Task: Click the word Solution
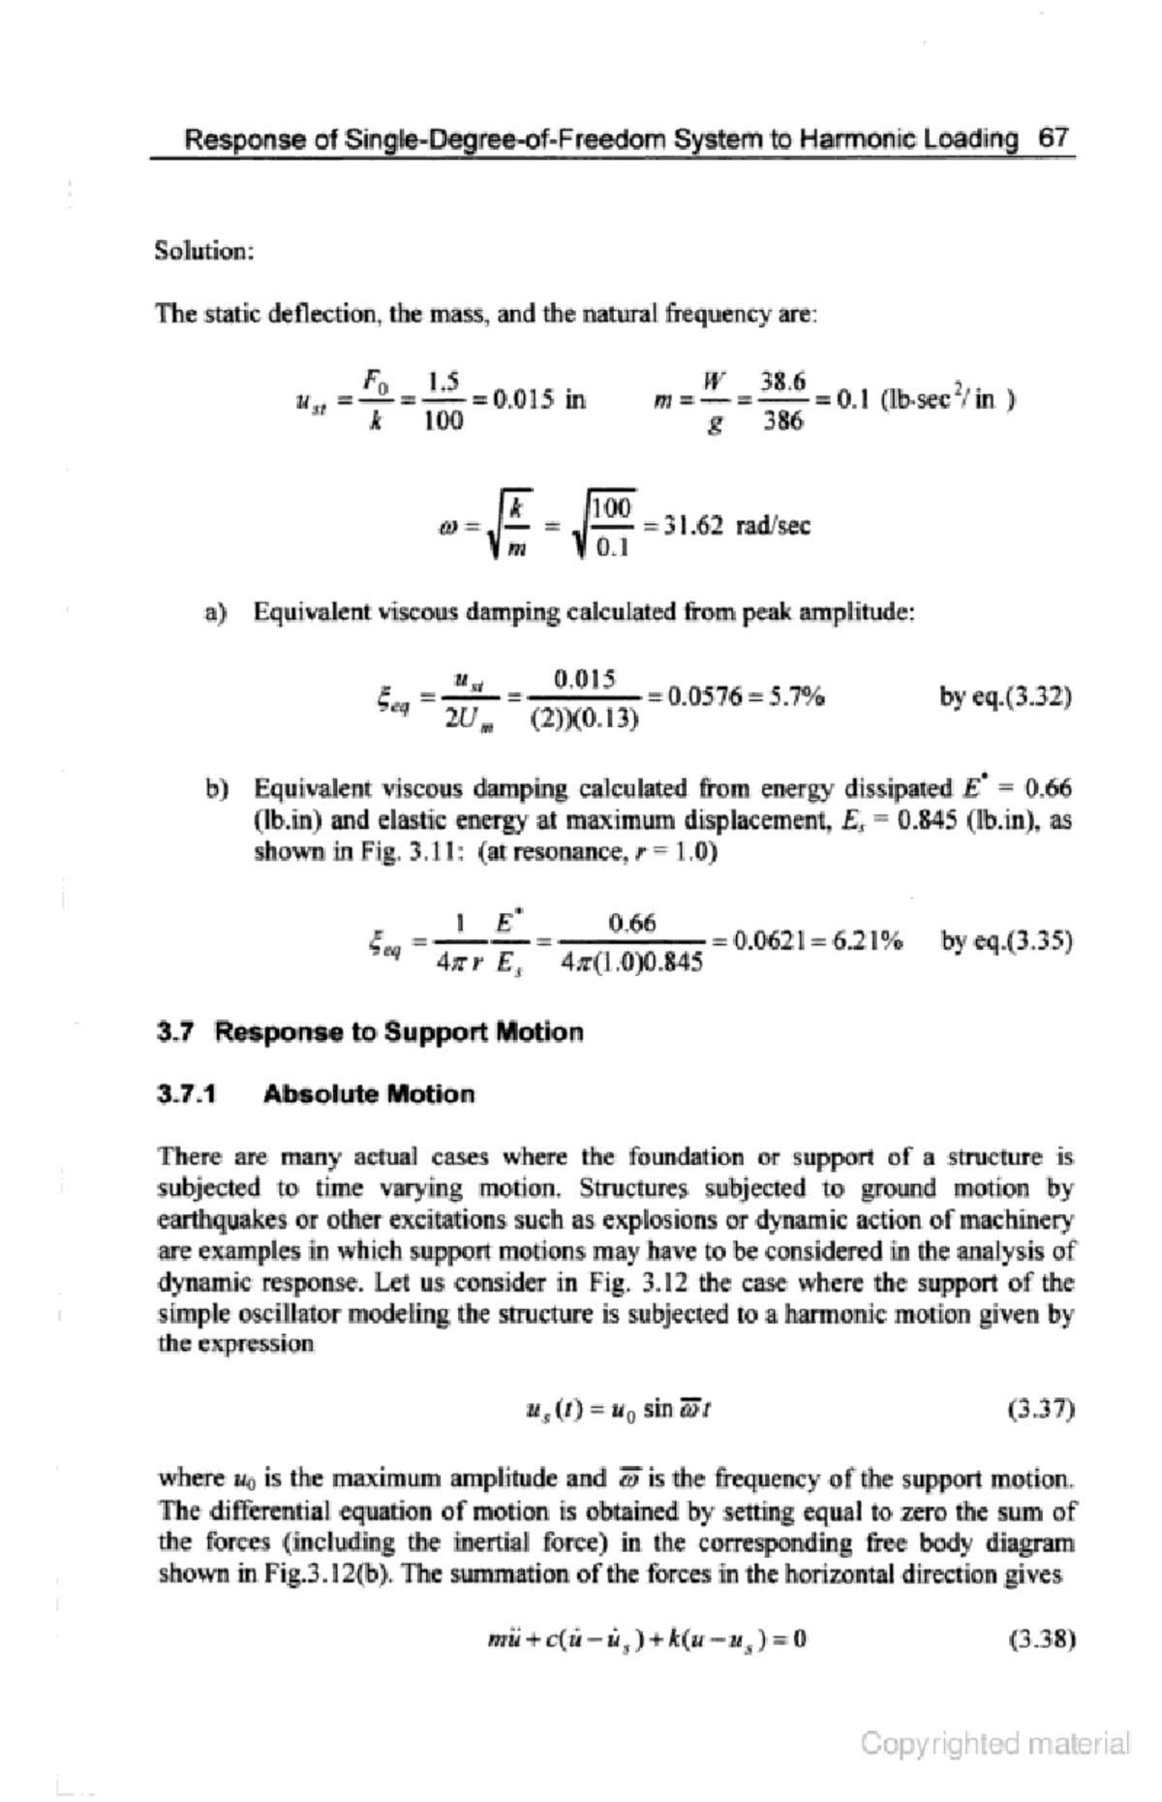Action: [x=203, y=251]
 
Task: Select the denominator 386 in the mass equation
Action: [x=782, y=420]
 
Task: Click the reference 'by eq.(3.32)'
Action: [x=1005, y=696]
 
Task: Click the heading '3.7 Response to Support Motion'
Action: [x=370, y=1032]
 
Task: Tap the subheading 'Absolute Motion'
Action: [x=369, y=1095]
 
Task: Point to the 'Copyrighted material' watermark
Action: [x=994, y=1744]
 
